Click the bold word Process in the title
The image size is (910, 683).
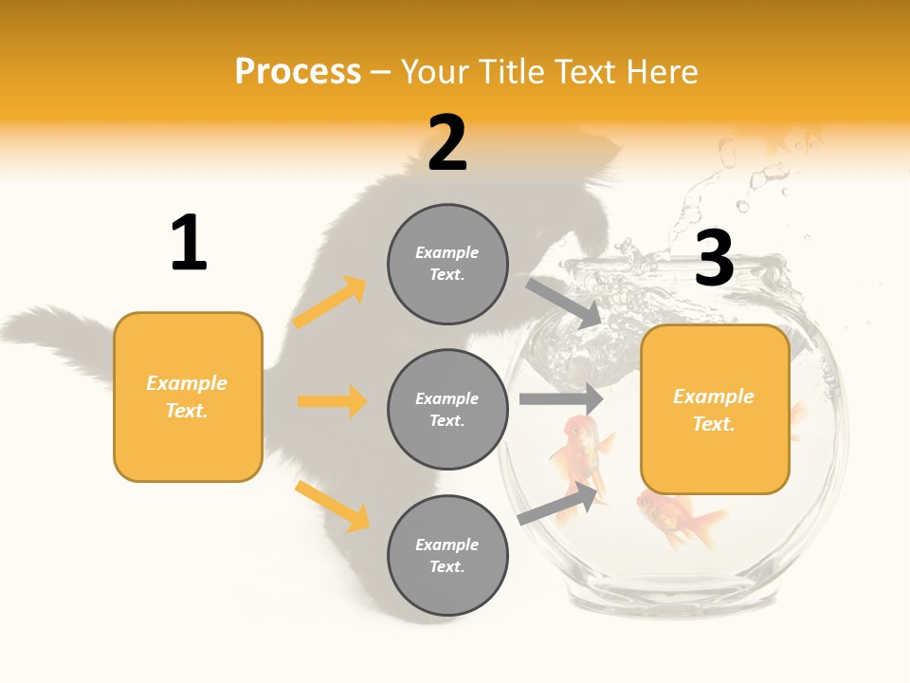[x=298, y=71]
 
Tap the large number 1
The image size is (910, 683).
[x=189, y=244]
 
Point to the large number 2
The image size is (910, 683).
[x=447, y=143]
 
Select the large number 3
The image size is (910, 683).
[x=714, y=258]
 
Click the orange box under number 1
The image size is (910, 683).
[x=188, y=397]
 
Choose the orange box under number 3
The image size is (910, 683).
[x=715, y=409]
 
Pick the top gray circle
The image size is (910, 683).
[x=447, y=264]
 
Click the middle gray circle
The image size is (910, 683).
[x=447, y=409]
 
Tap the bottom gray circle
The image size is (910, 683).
[x=447, y=555]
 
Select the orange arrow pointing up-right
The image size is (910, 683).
[x=330, y=303]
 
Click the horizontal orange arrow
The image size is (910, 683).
[x=332, y=401]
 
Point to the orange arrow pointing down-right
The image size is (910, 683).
[x=332, y=506]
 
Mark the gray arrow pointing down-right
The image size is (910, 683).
[x=564, y=303]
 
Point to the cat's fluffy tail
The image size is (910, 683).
[x=57, y=337]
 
